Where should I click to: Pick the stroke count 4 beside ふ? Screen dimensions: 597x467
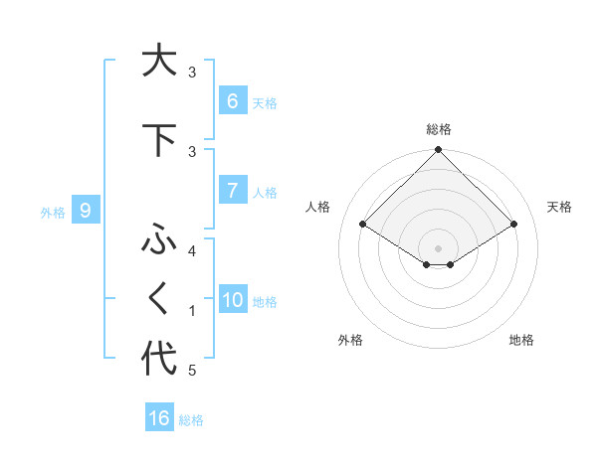click(x=192, y=251)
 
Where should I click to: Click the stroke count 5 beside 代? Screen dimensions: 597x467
click(x=192, y=371)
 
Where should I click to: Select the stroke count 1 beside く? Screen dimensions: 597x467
click(x=192, y=311)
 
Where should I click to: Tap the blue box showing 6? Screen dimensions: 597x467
click(x=232, y=100)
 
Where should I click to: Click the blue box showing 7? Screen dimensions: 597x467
click(x=232, y=190)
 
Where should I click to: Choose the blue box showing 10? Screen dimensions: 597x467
click(x=233, y=300)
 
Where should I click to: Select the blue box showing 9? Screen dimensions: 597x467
click(x=86, y=211)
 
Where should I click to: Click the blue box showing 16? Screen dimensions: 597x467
click(x=159, y=418)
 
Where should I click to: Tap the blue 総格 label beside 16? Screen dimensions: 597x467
click(x=191, y=420)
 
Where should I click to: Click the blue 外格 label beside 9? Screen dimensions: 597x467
click(x=52, y=212)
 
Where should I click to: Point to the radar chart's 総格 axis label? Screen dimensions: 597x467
click(x=438, y=129)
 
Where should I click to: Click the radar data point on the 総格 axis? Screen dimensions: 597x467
click(x=438, y=150)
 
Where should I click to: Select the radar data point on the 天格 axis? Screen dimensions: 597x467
click(x=514, y=225)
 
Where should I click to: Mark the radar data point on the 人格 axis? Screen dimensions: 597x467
click(x=363, y=225)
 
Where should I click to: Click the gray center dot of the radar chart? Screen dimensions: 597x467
click(x=438, y=246)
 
